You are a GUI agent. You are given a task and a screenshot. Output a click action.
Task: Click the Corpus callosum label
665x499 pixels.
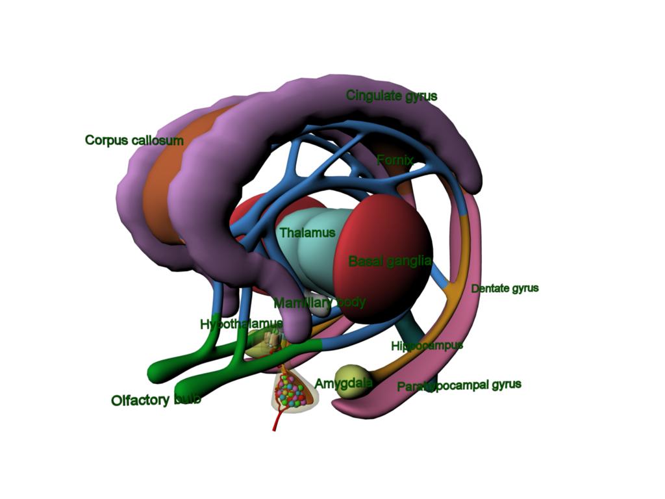134,140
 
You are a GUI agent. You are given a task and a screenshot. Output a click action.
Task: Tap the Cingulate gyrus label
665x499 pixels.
392,96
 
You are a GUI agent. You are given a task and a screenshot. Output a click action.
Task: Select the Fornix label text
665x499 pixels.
395,160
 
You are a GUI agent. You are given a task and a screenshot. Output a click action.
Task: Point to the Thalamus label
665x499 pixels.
307,233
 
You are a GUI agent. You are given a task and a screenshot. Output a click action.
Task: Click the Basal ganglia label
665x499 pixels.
390,261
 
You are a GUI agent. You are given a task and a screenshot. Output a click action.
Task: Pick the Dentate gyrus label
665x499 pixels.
505,288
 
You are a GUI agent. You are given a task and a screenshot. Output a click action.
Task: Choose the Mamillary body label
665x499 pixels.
320,303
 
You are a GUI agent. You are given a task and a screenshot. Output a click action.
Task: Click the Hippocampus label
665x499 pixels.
427,346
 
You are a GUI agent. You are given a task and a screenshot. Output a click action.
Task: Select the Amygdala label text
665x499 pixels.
344,383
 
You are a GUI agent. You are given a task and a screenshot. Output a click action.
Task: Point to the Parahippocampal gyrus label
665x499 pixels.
459,386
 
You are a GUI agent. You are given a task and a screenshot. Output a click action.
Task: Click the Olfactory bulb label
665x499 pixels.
156,400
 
